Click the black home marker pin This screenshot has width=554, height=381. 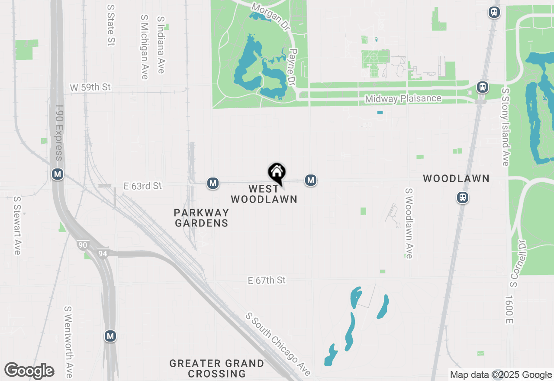coord(277,173)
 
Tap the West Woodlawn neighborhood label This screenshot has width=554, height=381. coord(264,194)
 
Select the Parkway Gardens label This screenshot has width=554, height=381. coord(201,218)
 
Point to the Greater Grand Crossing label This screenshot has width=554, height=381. coord(216,368)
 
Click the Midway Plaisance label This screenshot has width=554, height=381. coord(403,99)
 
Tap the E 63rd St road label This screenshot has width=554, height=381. coord(142,186)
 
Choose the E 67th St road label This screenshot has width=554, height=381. coord(267,281)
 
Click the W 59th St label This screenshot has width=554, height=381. coord(90,87)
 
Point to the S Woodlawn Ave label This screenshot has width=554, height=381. coord(409,223)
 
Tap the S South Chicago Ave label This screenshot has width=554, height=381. coord(278,344)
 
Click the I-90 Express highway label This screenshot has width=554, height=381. coord(59,132)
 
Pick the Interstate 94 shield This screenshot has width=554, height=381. coord(103,253)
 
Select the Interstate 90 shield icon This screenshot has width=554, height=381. coord(83,245)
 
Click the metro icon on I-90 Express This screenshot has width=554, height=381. coord(58,174)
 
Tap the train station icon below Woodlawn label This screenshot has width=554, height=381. coord(463,198)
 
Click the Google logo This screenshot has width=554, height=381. coord(29,371)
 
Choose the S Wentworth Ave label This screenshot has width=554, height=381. coord(68,342)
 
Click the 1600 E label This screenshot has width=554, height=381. coord(509,310)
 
